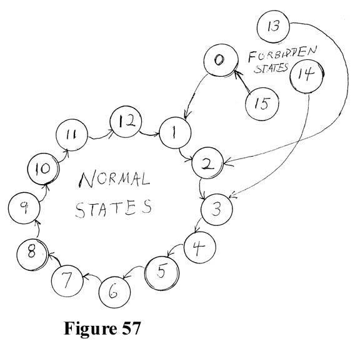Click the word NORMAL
click(x=114, y=180)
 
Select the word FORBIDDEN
click(x=282, y=54)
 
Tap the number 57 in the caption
click(x=131, y=328)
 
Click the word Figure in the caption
click(x=91, y=329)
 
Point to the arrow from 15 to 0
click(x=242, y=82)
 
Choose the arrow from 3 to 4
click(x=198, y=225)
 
